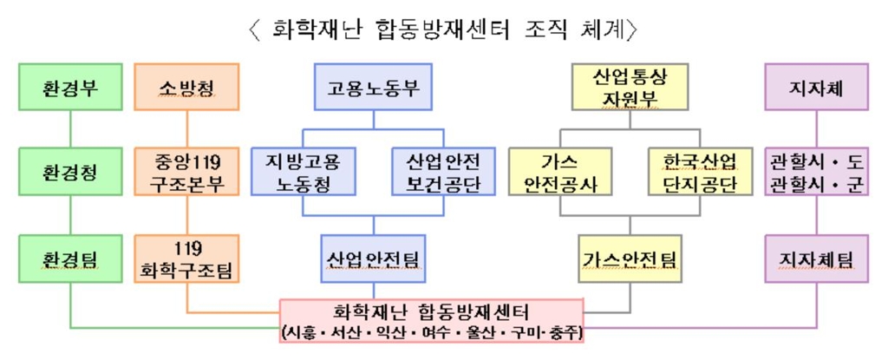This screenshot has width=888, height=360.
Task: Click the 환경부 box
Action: pyautogui.click(x=70, y=88)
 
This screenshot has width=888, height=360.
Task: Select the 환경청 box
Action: pyautogui.click(x=70, y=172)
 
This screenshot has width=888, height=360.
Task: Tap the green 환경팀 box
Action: pyautogui.click(x=70, y=259)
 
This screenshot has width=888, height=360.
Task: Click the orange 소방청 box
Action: pyautogui.click(x=186, y=88)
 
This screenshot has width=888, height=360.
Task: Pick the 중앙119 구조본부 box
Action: pyautogui.click(x=186, y=172)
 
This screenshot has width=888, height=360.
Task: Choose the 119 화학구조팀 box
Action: pyautogui.click(x=186, y=259)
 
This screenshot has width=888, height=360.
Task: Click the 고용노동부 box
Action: pyautogui.click(x=373, y=88)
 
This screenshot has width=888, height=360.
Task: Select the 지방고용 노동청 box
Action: pyautogui.click(x=303, y=172)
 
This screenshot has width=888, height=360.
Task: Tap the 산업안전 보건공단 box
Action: pyautogui.click(x=443, y=172)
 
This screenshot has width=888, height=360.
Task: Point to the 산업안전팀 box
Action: pyautogui.click(x=373, y=259)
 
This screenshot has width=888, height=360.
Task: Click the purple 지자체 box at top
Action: pyautogui.click(x=817, y=88)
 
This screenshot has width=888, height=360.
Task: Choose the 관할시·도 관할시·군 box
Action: pyautogui.click(x=817, y=172)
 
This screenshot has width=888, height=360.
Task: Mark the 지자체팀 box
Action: pyautogui.click(x=817, y=259)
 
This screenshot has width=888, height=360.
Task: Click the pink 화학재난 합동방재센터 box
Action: pyautogui.click(x=431, y=321)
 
